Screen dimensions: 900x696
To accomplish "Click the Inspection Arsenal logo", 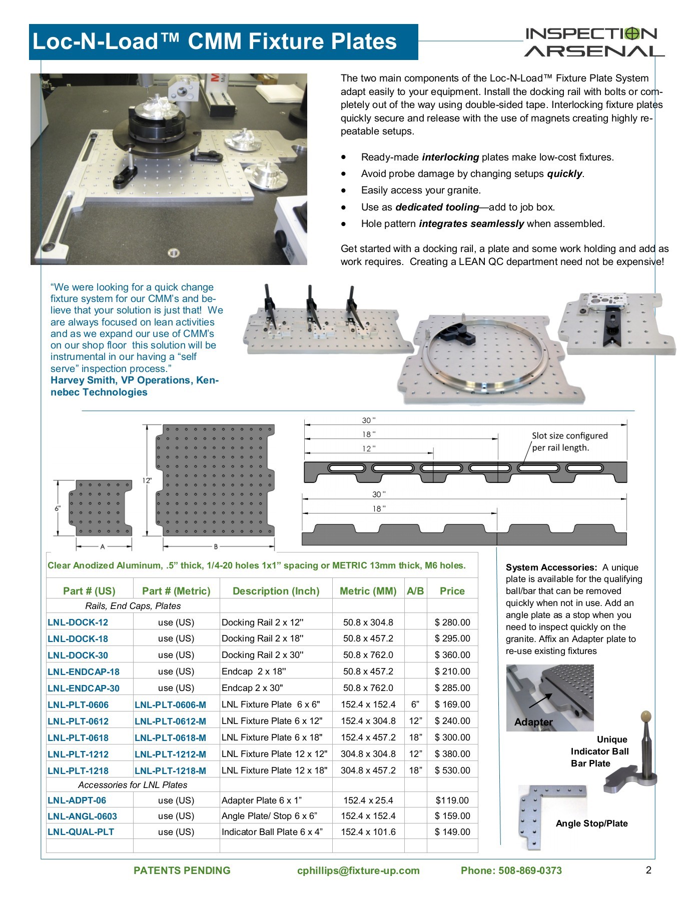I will [594, 42].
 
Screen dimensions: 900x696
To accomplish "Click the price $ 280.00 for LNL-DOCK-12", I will [452, 622].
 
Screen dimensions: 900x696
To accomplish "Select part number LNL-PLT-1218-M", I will [170, 770].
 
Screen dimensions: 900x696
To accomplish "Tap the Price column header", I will [452, 591].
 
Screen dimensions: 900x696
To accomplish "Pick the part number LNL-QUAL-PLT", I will [81, 832].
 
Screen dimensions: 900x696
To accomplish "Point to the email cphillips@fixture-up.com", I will [358, 870].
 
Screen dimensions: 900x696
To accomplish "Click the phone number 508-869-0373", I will [530, 870].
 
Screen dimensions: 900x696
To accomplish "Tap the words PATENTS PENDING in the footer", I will [182, 870].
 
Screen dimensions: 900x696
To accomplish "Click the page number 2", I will [648, 870].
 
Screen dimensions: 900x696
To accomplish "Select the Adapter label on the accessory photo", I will [533, 722].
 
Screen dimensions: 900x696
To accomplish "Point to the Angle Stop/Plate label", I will [591, 823].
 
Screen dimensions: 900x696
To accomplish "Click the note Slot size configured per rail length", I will [569, 441].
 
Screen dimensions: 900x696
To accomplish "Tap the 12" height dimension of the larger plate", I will [147, 480].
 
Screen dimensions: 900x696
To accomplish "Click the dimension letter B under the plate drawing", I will [216, 546].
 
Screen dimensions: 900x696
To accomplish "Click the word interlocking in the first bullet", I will [450, 157].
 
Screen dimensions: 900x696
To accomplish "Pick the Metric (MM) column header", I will [368, 591].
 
